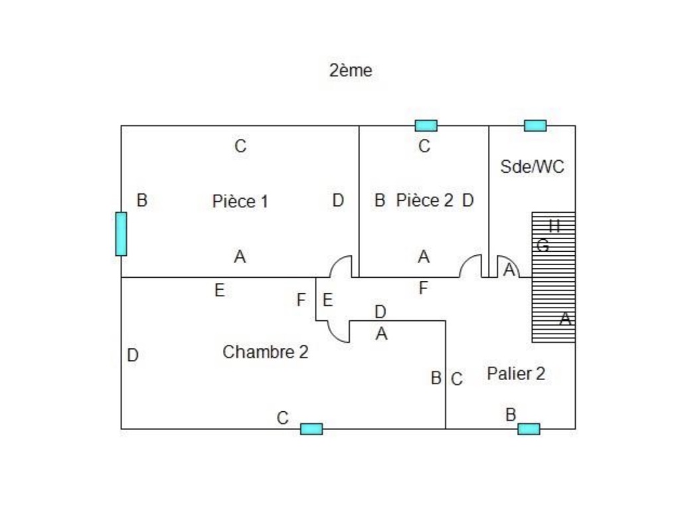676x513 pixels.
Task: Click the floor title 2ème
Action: pos(351,70)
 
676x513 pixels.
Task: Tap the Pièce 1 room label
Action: pos(240,201)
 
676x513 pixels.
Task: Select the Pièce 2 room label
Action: pos(424,200)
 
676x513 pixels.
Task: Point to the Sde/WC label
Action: pos(532,166)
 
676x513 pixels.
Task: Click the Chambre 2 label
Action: pos(265,352)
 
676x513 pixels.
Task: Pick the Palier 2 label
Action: pos(516,373)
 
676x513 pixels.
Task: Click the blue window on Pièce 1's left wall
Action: pos(121,233)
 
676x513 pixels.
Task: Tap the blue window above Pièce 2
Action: pos(426,125)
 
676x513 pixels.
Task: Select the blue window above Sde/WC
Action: pos(535,125)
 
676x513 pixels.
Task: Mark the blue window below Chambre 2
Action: pos(311,429)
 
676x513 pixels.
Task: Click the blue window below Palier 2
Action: pos(529,429)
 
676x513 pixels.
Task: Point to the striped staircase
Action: pos(552,276)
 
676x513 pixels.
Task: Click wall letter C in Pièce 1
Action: pos(240,146)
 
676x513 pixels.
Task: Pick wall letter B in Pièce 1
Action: pos(141,200)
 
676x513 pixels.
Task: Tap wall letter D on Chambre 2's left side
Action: pos(133,356)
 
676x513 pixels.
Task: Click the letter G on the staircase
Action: pos(543,245)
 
